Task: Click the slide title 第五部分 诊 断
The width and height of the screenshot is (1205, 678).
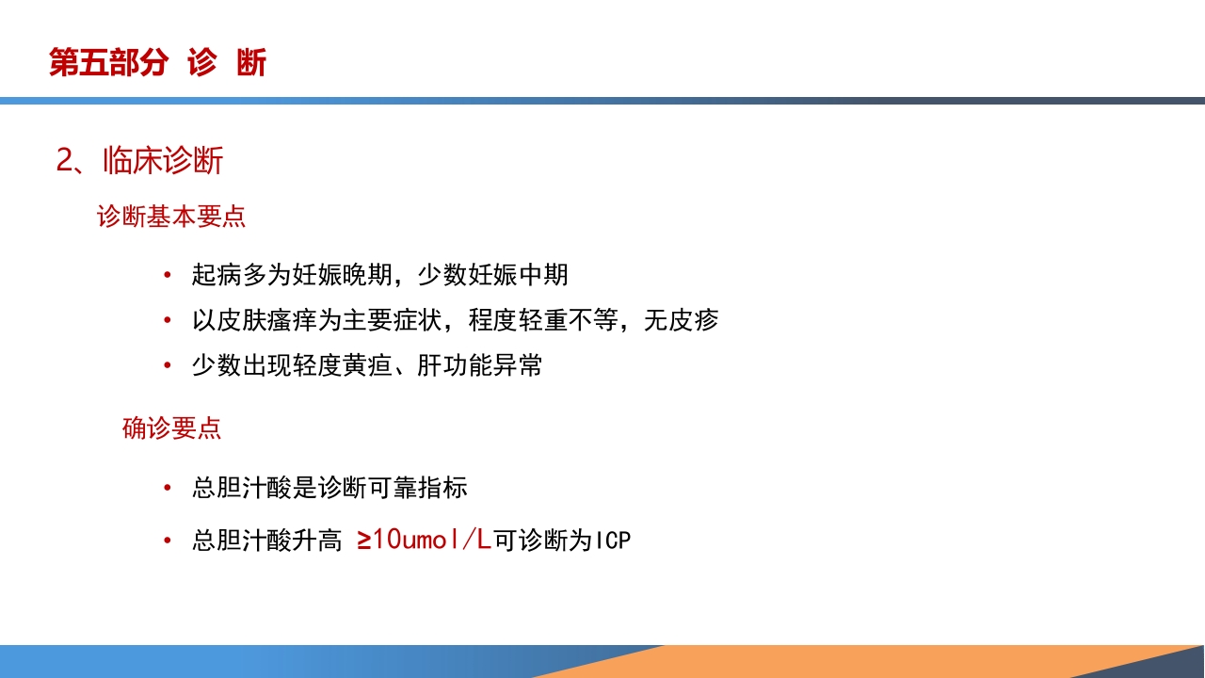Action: (x=158, y=63)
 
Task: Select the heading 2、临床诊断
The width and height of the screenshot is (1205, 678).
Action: (x=139, y=161)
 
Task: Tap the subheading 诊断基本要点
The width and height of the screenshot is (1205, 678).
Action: (x=171, y=217)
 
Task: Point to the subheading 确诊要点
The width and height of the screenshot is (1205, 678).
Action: (x=171, y=428)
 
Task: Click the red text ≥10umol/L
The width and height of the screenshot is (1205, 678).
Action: (x=424, y=540)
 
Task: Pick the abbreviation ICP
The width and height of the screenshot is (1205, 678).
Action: (x=612, y=541)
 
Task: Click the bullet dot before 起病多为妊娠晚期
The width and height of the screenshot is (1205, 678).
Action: (x=168, y=276)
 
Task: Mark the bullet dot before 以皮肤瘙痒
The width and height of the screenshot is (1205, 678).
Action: (x=168, y=321)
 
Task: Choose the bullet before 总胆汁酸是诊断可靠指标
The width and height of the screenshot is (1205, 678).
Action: (x=168, y=489)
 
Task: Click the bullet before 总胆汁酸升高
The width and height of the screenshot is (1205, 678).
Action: (x=168, y=541)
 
